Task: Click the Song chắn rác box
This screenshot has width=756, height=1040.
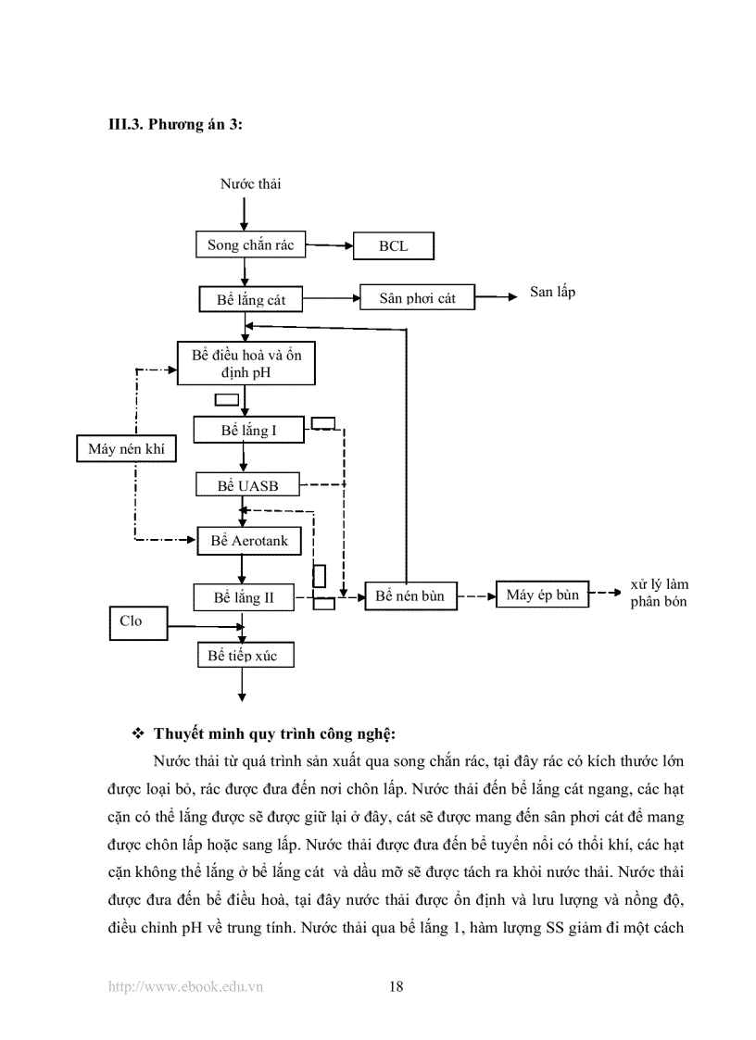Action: (250, 245)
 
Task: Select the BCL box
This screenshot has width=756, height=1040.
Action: (394, 247)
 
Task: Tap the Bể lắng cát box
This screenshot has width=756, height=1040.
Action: (251, 300)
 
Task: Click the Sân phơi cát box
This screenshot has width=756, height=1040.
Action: (417, 298)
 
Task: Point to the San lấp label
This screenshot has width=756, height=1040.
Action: (552, 292)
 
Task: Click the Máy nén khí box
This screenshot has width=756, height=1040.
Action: (126, 449)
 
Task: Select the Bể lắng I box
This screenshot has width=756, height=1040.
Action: (248, 431)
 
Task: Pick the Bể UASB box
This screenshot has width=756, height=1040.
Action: (247, 485)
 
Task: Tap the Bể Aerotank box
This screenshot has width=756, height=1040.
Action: (249, 541)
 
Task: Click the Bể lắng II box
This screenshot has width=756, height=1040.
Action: (245, 597)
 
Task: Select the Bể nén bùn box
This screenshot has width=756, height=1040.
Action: (409, 596)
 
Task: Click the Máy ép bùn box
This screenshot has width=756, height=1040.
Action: (543, 595)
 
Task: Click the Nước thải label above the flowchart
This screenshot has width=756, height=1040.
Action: (250, 183)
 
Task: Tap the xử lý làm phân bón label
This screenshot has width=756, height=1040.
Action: (659, 594)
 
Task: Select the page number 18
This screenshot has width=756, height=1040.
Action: (396, 987)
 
